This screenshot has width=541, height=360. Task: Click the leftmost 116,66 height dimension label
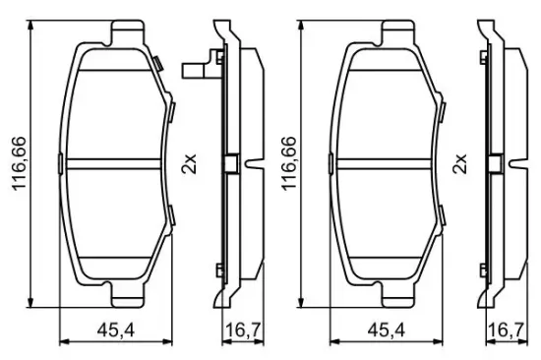pyautogui.click(x=20, y=163)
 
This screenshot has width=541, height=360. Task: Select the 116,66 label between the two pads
pyautogui.click(x=290, y=163)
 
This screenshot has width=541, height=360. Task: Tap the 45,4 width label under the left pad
pyautogui.click(x=116, y=331)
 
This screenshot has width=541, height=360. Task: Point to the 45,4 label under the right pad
pyautogui.click(x=387, y=331)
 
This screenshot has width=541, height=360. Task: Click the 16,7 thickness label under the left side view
pyautogui.click(x=243, y=331)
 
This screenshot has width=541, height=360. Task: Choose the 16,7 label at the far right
pyautogui.click(x=507, y=331)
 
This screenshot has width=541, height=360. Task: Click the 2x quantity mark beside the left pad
pyautogui.click(x=190, y=163)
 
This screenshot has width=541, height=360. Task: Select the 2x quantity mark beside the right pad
pyautogui.click(x=459, y=163)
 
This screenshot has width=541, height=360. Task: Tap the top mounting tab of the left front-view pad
pyautogui.click(x=127, y=31)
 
